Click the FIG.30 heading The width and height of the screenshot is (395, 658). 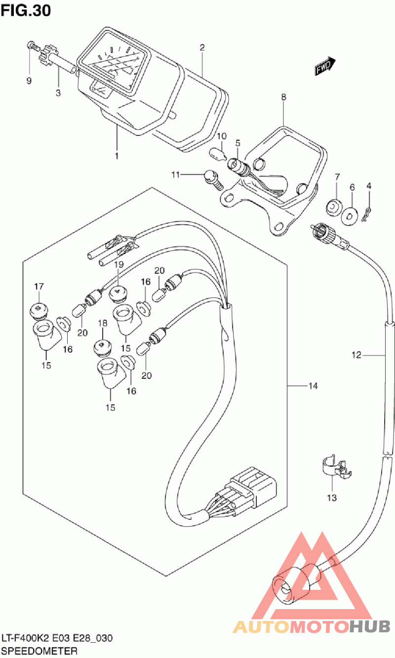26,10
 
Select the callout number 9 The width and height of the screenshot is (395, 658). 29,81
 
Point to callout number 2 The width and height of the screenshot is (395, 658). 202,48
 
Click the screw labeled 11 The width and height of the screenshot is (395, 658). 210,177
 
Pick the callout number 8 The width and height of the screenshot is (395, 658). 283,97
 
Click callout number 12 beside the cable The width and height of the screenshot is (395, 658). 357,355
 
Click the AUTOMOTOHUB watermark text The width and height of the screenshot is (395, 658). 311,626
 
